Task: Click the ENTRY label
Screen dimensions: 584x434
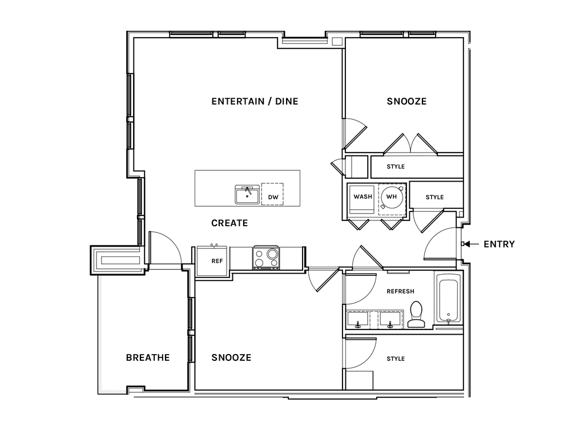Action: [499, 244]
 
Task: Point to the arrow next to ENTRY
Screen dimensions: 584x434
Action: [471, 244]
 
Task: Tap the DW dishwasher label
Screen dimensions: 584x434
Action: [273, 197]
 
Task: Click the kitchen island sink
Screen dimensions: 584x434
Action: [247, 194]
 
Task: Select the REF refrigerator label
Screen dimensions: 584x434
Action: [217, 261]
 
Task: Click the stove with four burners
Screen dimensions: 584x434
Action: [266, 257]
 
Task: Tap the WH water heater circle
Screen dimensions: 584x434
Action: [392, 196]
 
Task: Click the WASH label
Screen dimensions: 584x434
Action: [363, 196]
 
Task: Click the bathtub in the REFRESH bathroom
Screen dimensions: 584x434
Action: [449, 298]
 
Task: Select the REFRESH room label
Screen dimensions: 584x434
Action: [400, 291]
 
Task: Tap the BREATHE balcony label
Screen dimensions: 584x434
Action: [148, 357]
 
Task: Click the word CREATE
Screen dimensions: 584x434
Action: [229, 223]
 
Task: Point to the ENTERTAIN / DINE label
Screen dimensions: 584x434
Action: [255, 101]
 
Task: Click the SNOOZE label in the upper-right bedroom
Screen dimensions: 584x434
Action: [406, 101]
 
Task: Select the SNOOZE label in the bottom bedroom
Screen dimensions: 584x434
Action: [231, 357]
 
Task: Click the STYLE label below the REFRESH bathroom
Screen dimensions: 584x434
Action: [396, 359]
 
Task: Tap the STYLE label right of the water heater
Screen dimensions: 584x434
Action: [434, 197]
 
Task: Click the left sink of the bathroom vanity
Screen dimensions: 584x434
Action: [358, 320]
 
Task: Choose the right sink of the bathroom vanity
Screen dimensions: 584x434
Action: [390, 320]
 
